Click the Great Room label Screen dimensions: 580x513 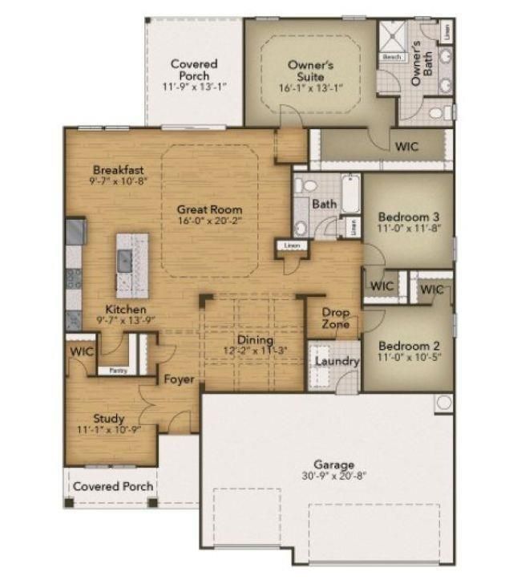[210, 209]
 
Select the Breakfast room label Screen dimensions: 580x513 [118, 169]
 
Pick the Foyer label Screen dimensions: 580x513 [179, 379]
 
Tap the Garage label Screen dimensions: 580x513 [334, 464]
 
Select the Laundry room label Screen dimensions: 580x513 [336, 362]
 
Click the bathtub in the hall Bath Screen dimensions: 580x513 [350, 193]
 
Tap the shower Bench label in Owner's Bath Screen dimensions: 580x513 [391, 58]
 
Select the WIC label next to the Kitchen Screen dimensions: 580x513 [81, 351]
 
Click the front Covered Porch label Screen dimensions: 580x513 [113, 486]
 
